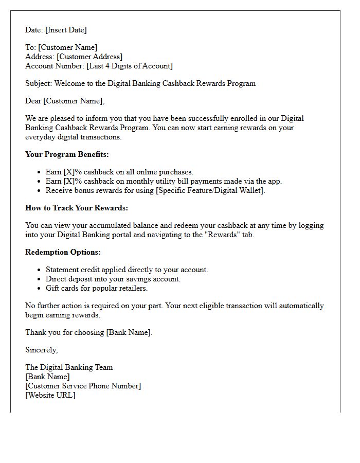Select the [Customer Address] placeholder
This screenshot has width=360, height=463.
coord(89,57)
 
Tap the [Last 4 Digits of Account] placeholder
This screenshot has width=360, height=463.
coord(129,66)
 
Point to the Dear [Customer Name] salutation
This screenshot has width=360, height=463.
coord(65,101)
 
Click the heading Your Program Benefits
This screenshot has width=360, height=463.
coord(67,154)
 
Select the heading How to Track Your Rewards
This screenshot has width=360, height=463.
coord(77,208)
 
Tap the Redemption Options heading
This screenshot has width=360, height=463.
coord(63,252)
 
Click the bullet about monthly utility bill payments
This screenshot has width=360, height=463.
coord(164,181)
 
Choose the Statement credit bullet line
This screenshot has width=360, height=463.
coord(127,270)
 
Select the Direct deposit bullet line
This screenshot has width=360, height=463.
coord(113,279)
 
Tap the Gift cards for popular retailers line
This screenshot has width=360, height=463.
coord(97,288)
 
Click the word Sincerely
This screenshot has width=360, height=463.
coord(41,350)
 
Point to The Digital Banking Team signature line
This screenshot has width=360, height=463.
coord(69,367)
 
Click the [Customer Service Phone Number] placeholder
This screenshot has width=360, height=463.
coord(83,386)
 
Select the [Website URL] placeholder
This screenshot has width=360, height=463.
coord(50,395)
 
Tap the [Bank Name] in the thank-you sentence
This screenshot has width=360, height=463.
coord(129,332)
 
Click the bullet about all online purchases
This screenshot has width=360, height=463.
coord(119,172)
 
